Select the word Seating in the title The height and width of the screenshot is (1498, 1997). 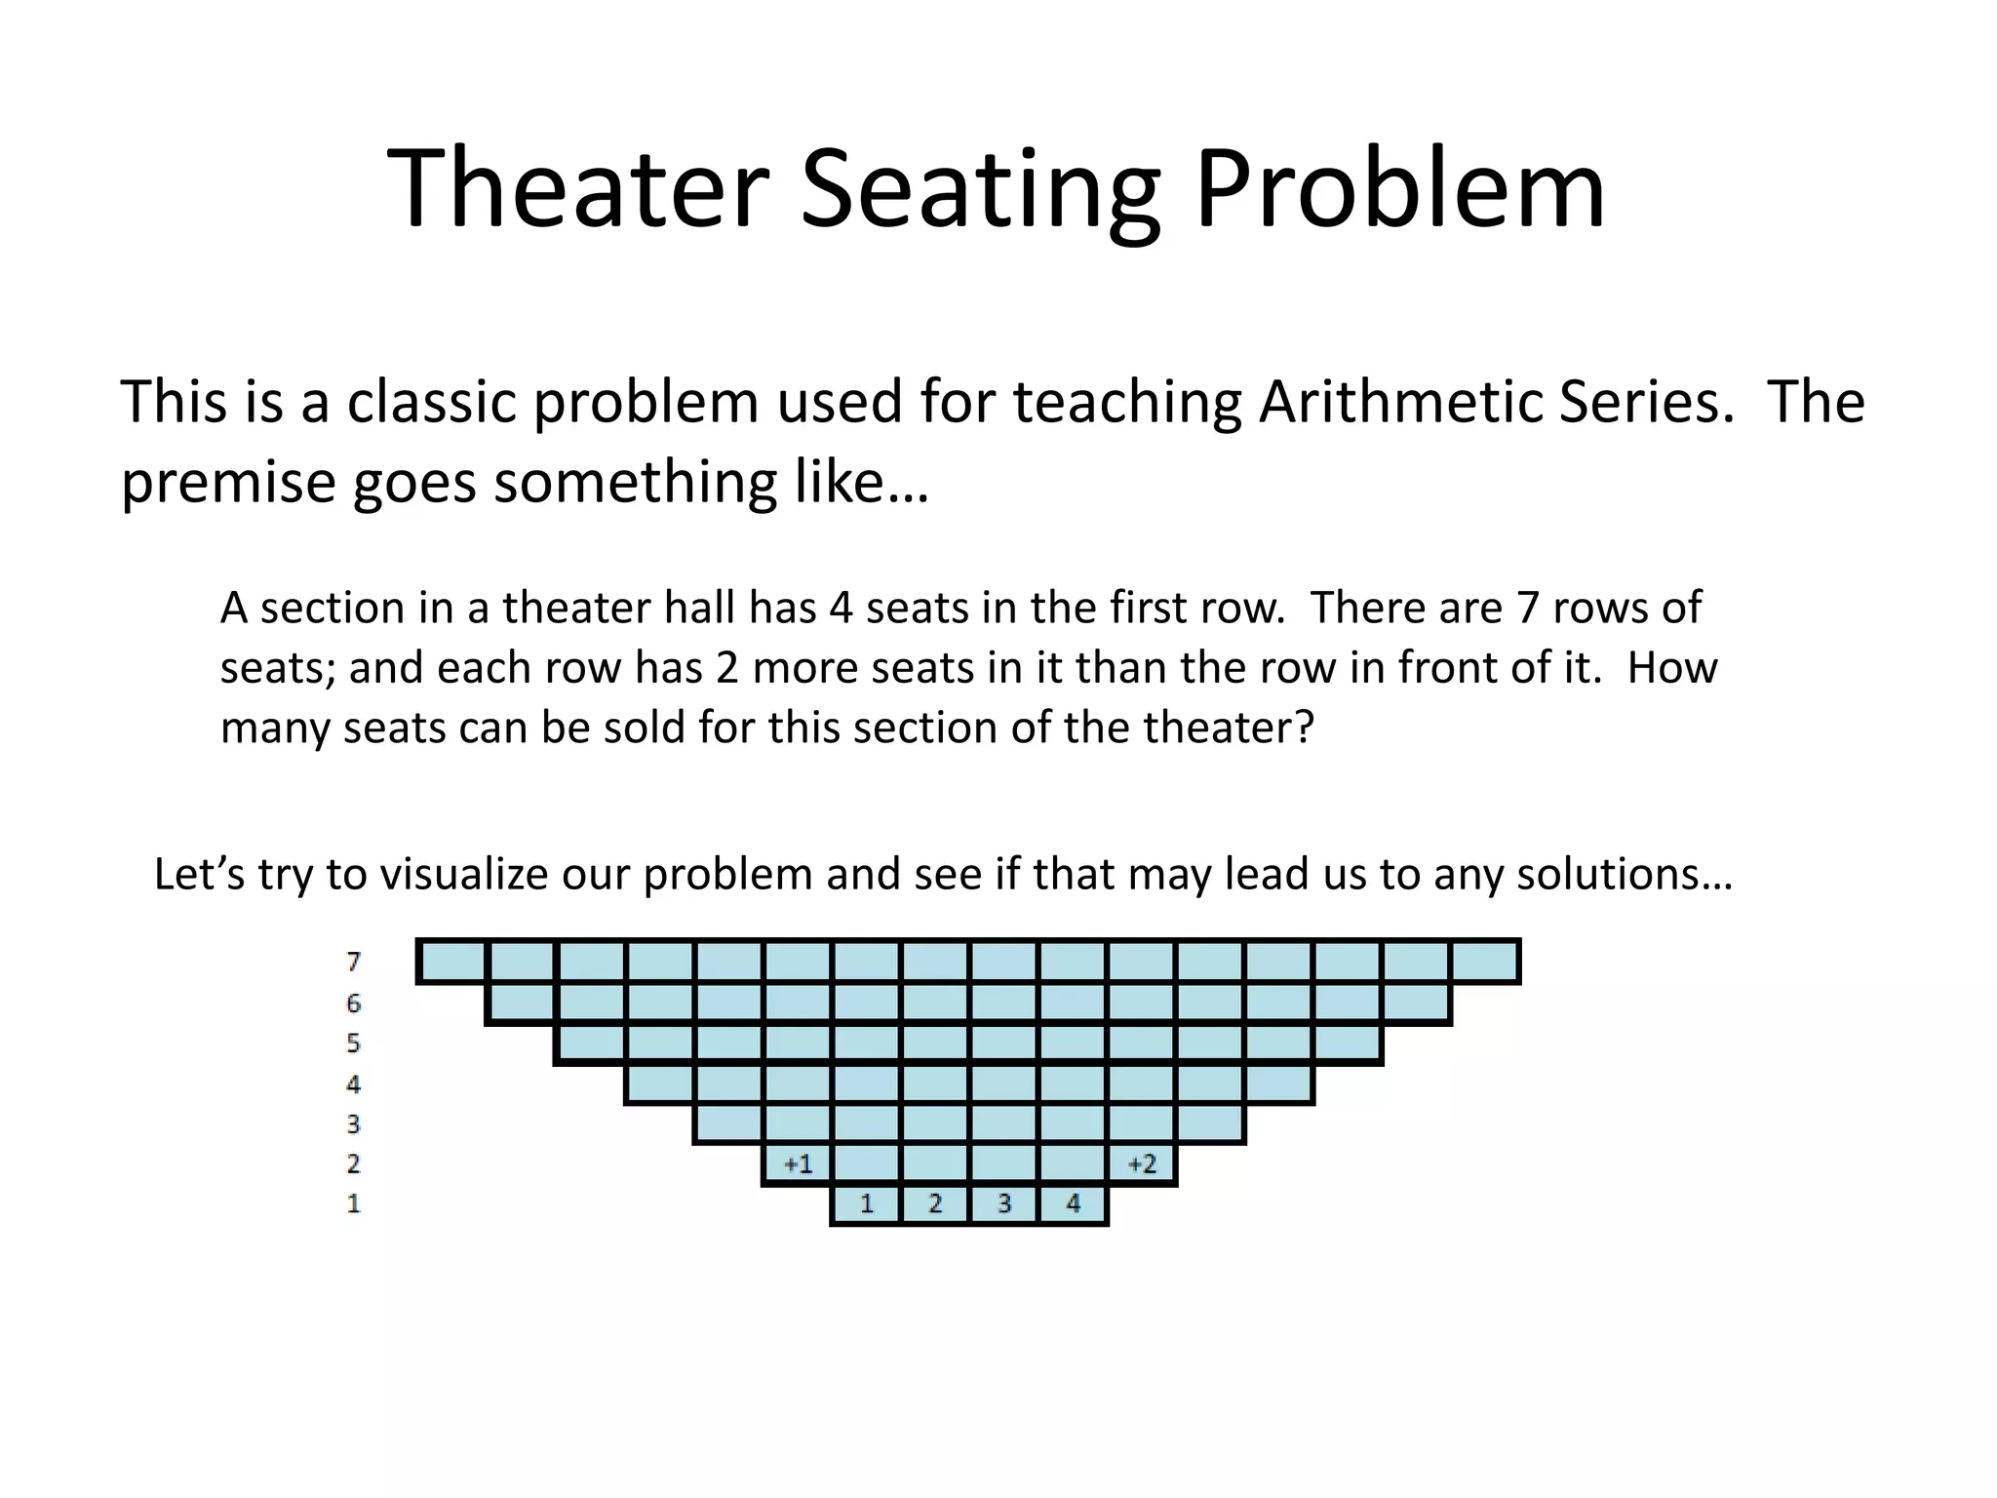[x=980, y=190]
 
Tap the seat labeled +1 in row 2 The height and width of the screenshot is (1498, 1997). [x=798, y=1163]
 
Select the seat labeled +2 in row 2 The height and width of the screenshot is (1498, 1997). [x=1142, y=1163]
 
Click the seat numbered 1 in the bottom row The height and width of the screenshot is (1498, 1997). [x=866, y=1203]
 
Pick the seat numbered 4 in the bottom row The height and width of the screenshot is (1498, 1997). [x=1073, y=1203]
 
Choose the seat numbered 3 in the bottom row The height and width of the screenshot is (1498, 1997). [x=1004, y=1203]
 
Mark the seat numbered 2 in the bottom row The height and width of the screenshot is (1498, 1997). [x=935, y=1203]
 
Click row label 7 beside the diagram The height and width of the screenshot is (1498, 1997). [x=354, y=962]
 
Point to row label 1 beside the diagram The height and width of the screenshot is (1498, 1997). [x=353, y=1203]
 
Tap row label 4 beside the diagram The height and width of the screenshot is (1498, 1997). [x=353, y=1084]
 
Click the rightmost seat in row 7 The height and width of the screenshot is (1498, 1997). [x=1484, y=962]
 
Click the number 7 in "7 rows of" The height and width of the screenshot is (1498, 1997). [x=1527, y=609]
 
